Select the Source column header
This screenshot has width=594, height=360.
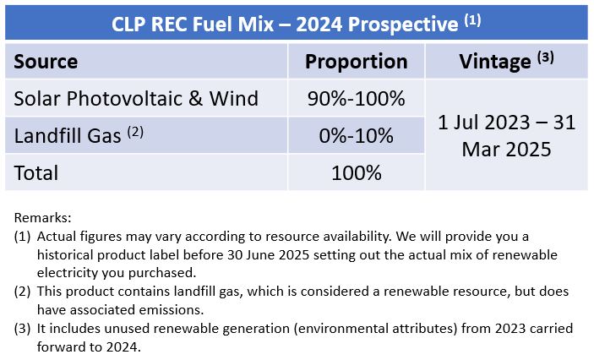(x=46, y=62)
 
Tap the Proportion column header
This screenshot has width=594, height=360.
(x=356, y=62)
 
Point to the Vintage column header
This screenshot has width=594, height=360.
(x=495, y=62)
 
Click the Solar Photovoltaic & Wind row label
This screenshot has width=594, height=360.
(x=136, y=99)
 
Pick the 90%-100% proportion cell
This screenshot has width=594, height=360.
(x=356, y=99)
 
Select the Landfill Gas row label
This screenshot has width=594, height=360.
(x=68, y=136)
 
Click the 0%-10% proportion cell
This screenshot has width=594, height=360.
(x=356, y=136)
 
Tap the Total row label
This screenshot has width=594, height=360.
(x=36, y=172)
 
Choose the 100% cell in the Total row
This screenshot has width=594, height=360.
(x=356, y=172)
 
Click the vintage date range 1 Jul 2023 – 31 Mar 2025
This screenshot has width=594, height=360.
(x=506, y=136)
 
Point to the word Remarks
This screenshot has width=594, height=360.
(x=42, y=218)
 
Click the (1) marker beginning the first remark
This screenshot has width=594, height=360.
(x=22, y=237)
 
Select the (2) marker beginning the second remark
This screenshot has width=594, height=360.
(x=22, y=292)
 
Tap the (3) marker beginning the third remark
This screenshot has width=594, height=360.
(x=22, y=329)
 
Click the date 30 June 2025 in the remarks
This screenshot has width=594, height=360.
(x=268, y=254)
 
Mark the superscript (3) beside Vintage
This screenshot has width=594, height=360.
(x=546, y=57)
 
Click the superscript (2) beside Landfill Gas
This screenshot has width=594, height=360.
(x=135, y=132)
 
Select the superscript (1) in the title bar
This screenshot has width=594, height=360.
(x=473, y=19)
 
